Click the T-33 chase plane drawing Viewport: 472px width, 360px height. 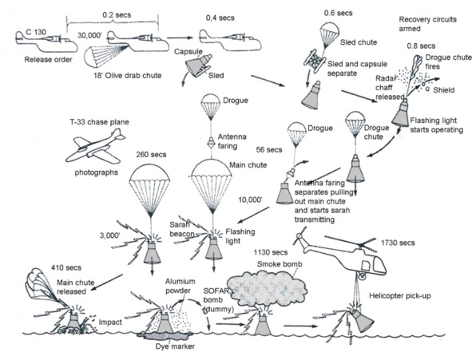(95, 146)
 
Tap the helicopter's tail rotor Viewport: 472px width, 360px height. (299, 235)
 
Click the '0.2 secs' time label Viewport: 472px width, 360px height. (117, 14)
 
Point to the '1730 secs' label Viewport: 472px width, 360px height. (398, 243)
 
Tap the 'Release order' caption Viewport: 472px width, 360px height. (48, 60)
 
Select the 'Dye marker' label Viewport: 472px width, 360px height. (175, 346)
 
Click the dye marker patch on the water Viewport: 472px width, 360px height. (165, 336)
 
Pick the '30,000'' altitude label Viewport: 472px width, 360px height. (89, 35)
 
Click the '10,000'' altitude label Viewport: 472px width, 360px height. (250, 200)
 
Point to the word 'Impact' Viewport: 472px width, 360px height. (110, 322)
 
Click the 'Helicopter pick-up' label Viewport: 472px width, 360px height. (400, 295)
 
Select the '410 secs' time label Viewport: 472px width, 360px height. (66, 267)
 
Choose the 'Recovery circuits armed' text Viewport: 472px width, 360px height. (427, 24)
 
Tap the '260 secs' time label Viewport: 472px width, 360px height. (151, 154)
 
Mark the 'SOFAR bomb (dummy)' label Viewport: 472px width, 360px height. (217, 300)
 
